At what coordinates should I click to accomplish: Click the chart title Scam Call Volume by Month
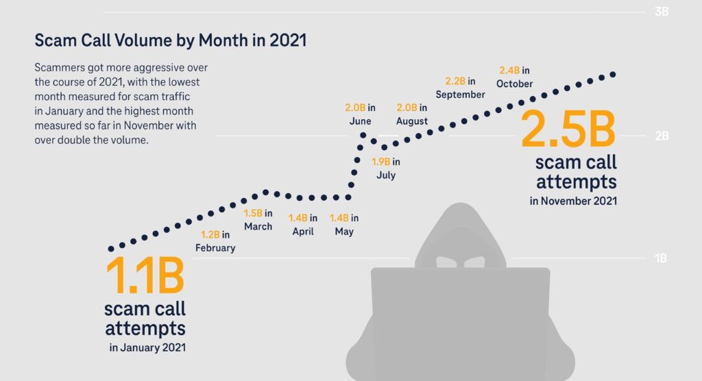(x=170, y=40)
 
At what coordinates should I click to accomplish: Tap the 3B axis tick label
(x=662, y=12)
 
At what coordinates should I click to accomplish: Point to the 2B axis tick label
(x=662, y=136)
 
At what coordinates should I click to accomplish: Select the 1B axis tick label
(x=662, y=258)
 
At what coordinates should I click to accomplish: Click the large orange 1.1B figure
(x=145, y=275)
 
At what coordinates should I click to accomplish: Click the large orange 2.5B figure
(x=568, y=129)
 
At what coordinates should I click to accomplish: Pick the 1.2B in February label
(x=215, y=241)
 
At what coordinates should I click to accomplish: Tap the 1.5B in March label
(x=258, y=219)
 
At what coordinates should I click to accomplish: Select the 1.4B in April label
(x=302, y=225)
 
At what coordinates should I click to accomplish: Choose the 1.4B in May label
(x=344, y=225)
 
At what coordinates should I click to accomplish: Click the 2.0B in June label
(x=360, y=114)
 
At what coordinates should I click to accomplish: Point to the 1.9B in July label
(x=386, y=169)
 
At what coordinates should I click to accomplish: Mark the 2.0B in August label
(x=412, y=114)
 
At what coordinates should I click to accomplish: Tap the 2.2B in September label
(x=460, y=88)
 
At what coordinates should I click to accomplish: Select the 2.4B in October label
(x=514, y=77)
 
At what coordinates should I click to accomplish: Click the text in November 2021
(x=573, y=201)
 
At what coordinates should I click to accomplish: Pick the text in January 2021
(x=147, y=347)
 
